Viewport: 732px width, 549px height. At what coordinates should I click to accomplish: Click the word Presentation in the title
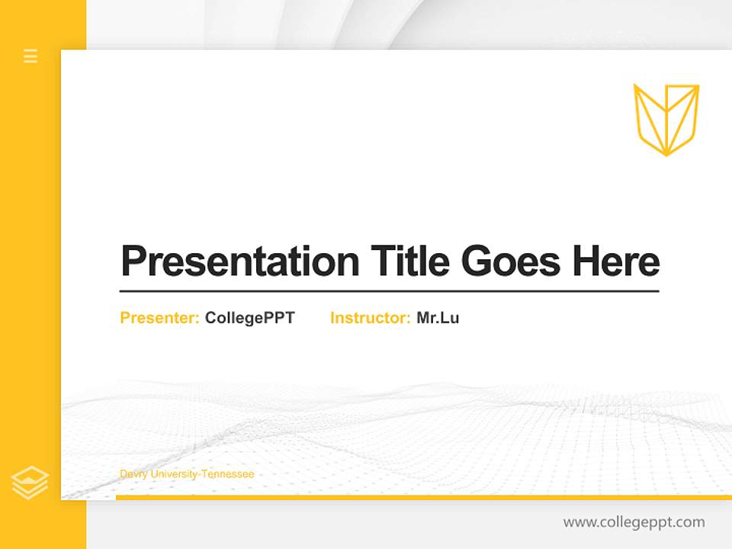[239, 262]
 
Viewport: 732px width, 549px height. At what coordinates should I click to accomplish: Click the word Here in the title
[615, 262]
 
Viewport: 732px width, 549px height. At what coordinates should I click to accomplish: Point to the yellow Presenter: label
[159, 318]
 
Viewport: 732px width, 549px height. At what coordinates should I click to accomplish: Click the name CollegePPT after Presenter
[249, 318]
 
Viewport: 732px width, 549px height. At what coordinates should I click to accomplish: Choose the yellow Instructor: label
[370, 318]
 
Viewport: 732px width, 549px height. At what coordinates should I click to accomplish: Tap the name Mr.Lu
[438, 318]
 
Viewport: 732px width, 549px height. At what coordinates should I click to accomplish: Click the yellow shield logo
[666, 119]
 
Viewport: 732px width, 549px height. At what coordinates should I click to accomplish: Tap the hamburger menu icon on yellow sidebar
[30, 56]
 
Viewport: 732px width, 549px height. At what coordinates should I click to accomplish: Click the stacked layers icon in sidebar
[30, 483]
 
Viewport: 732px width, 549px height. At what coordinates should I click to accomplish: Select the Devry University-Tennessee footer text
[187, 474]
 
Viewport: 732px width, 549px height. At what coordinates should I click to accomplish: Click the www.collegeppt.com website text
[634, 522]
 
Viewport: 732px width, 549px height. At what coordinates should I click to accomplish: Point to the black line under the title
[389, 291]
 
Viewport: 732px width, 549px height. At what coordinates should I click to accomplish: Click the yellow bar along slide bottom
[423, 497]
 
